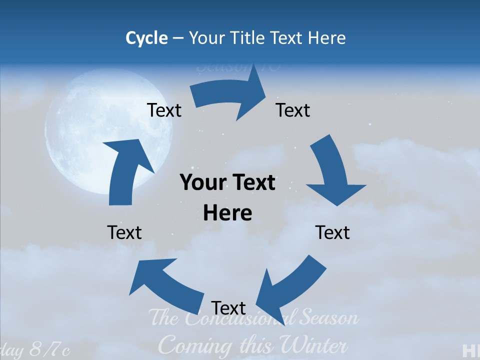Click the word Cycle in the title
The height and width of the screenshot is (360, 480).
click(x=146, y=38)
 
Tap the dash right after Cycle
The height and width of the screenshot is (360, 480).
click(x=178, y=38)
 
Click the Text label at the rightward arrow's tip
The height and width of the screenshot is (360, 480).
click(x=293, y=110)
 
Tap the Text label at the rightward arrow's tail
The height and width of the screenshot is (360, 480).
click(x=164, y=110)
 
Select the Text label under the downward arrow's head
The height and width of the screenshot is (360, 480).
click(x=332, y=232)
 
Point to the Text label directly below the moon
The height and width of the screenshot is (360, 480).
click(x=124, y=232)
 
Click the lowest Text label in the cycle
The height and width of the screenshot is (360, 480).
click(x=228, y=307)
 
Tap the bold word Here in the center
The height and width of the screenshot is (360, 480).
click(x=227, y=213)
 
